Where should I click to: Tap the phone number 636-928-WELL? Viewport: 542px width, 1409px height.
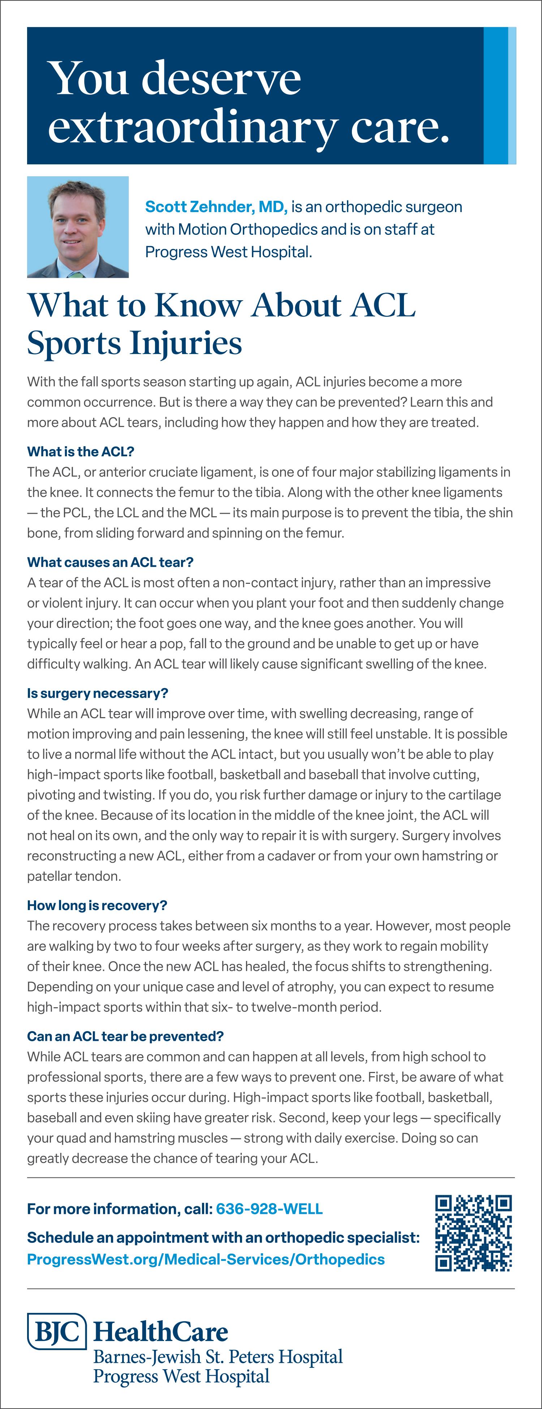tap(269, 1209)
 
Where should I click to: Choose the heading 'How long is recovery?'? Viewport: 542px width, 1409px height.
tap(97, 905)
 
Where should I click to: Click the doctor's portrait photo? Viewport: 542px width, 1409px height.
tap(78, 227)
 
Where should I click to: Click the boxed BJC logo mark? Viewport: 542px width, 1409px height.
tap(57, 1331)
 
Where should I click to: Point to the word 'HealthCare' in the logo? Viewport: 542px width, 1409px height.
tap(161, 1332)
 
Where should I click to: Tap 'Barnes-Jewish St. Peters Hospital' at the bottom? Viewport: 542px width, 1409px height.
tap(218, 1357)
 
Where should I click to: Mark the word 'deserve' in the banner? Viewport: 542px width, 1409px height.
tap(221, 78)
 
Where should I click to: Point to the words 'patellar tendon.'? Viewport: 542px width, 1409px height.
tap(74, 876)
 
